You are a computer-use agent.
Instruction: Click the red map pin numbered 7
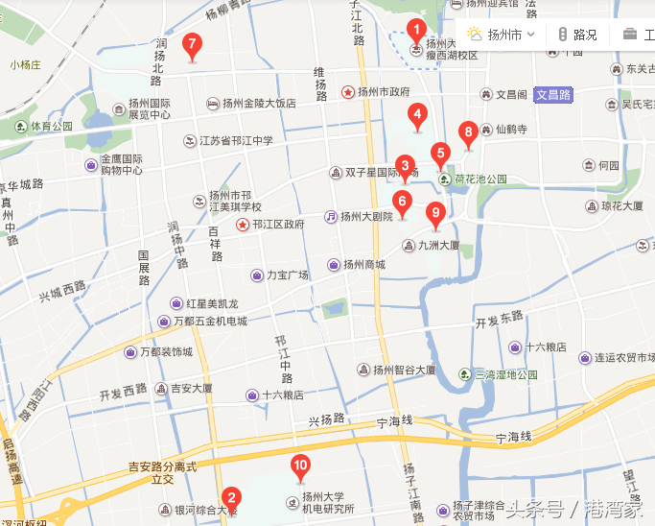click(x=192, y=44)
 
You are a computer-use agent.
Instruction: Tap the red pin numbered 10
click(x=300, y=466)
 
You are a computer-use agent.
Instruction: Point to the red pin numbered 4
click(x=416, y=115)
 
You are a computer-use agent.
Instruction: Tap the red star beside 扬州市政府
click(x=348, y=92)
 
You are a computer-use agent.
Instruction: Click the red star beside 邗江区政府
click(x=243, y=224)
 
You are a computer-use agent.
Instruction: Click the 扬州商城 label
click(x=363, y=265)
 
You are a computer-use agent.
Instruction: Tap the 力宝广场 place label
click(x=287, y=275)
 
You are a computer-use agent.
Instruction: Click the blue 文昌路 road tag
click(x=552, y=95)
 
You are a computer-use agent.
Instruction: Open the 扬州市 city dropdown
click(x=503, y=35)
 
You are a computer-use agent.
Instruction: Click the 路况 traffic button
click(x=578, y=35)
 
